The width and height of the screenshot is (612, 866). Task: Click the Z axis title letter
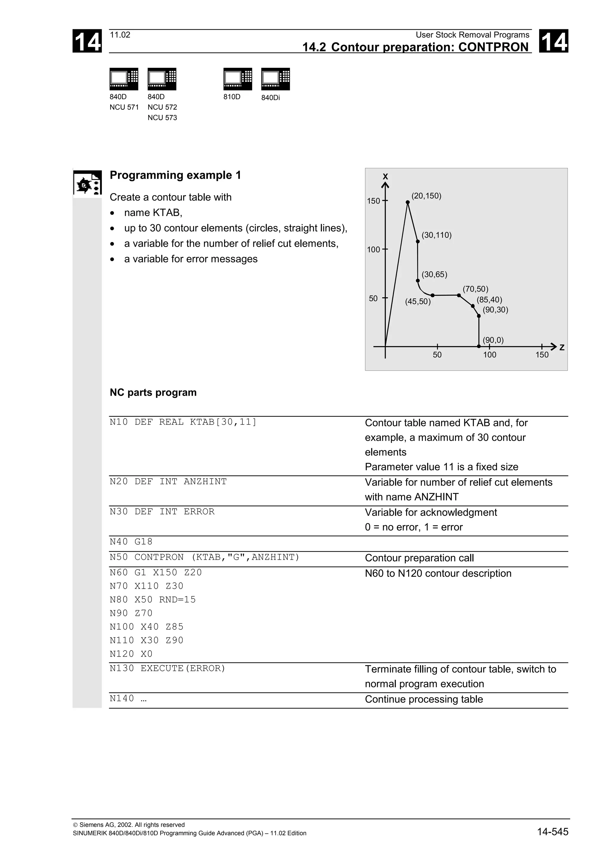pyautogui.click(x=562, y=348)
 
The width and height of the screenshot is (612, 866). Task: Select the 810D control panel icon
pyautogui.click(x=238, y=79)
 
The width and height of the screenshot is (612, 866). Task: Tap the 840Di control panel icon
pyautogui.click(x=275, y=79)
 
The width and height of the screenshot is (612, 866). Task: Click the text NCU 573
pyautogui.click(x=162, y=118)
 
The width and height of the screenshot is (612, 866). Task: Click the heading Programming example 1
pyautogui.click(x=175, y=175)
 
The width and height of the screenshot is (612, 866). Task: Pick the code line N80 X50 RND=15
pyautogui.click(x=153, y=600)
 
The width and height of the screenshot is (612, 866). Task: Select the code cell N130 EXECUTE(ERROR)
pyautogui.click(x=167, y=668)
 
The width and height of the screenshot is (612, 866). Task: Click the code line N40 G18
pyautogui.click(x=131, y=542)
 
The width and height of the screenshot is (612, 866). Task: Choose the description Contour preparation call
pyautogui.click(x=419, y=558)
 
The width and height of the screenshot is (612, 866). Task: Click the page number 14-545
pyautogui.click(x=553, y=832)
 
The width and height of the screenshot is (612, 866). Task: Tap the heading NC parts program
pyautogui.click(x=153, y=393)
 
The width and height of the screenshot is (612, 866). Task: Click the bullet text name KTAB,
pyautogui.click(x=153, y=213)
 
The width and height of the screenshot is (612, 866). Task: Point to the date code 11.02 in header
pyautogui.click(x=120, y=35)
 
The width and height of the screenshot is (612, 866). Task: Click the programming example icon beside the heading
pyautogui.click(x=87, y=183)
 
